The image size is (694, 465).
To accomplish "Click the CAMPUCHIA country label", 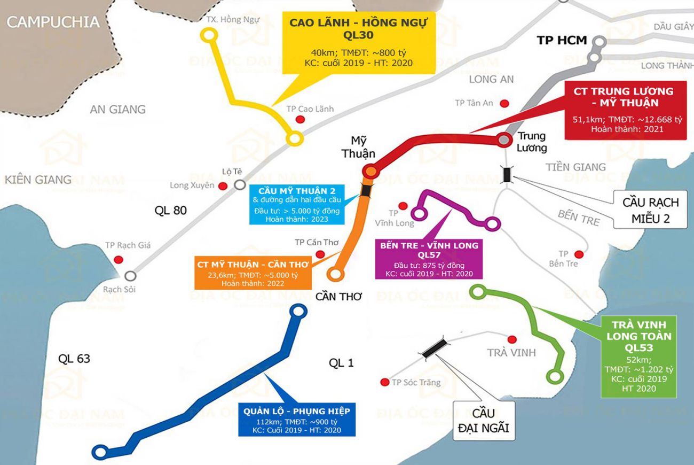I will click(x=53, y=22).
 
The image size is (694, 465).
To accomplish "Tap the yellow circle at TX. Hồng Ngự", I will click(x=209, y=35).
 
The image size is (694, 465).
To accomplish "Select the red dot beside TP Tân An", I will click(x=504, y=103).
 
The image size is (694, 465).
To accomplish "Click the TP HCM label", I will click(x=562, y=40).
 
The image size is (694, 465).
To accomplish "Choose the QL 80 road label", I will click(x=171, y=210).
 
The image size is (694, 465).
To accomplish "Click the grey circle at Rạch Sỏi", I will click(x=130, y=276).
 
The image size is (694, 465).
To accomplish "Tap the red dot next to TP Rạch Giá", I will click(x=119, y=260).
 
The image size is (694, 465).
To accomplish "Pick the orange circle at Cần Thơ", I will click(x=335, y=274).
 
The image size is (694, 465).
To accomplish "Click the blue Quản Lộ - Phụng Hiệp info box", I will click(x=296, y=420).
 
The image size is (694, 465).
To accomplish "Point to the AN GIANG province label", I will click(x=117, y=110).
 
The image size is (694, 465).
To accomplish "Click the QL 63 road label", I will click(x=74, y=359).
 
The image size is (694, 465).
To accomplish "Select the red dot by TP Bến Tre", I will click(x=579, y=254).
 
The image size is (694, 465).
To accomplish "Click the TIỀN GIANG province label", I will click(x=576, y=167).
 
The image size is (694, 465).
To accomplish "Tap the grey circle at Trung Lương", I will click(x=503, y=139).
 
